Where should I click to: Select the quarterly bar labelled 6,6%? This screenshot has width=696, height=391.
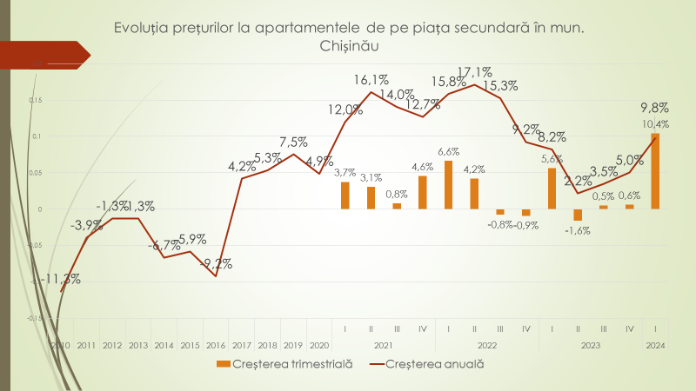pos(448,184)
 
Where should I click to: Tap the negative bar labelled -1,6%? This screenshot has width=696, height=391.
pos(577,215)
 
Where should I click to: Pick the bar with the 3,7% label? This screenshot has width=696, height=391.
pos(345,195)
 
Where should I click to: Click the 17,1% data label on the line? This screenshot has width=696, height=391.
pos(475,72)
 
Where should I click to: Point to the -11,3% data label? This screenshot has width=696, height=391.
pos(60,279)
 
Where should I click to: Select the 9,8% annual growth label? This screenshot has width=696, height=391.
pos(654,108)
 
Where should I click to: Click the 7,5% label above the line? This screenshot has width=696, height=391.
pos(293,142)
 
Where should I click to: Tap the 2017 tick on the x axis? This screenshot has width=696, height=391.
pos(242,345)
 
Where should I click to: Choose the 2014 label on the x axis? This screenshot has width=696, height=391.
pos(164,345)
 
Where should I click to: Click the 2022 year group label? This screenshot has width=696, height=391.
pos(486,345)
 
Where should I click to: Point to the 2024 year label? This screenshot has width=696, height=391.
pos(655,345)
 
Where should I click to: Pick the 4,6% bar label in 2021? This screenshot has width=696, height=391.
pos(422,167)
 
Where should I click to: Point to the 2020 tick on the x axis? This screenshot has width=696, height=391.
pos(319,345)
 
